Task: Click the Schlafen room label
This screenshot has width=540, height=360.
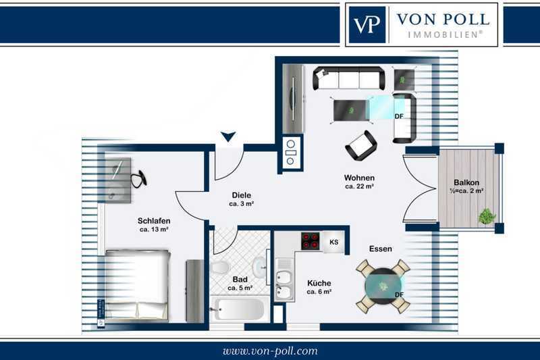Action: [154, 220]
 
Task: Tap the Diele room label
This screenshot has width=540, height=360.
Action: [241, 195]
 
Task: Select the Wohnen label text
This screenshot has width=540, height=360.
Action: [359, 178]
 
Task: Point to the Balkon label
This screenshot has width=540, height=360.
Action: [466, 182]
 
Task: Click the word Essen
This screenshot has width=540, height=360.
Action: [380, 249]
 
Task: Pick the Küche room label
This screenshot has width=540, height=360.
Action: [319, 283]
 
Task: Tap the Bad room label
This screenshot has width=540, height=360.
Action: [240, 279]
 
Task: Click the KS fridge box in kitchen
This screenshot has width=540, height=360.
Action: [333, 242]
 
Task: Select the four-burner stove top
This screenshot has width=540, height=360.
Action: [310, 241]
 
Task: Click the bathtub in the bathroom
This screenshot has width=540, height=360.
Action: [237, 309]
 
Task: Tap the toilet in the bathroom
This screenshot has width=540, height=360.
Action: [219, 266]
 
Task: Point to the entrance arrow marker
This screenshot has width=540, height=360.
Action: [228, 136]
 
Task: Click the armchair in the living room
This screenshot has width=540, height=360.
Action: [361, 146]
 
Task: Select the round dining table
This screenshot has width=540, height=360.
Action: [383, 286]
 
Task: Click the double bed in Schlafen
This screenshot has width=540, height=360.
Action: [137, 286]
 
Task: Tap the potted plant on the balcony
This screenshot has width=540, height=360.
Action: [487, 217]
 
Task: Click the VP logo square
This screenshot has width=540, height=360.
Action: [367, 24]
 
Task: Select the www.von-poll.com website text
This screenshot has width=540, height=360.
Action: [270, 351]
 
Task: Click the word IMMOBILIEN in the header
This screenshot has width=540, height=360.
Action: [445, 34]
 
